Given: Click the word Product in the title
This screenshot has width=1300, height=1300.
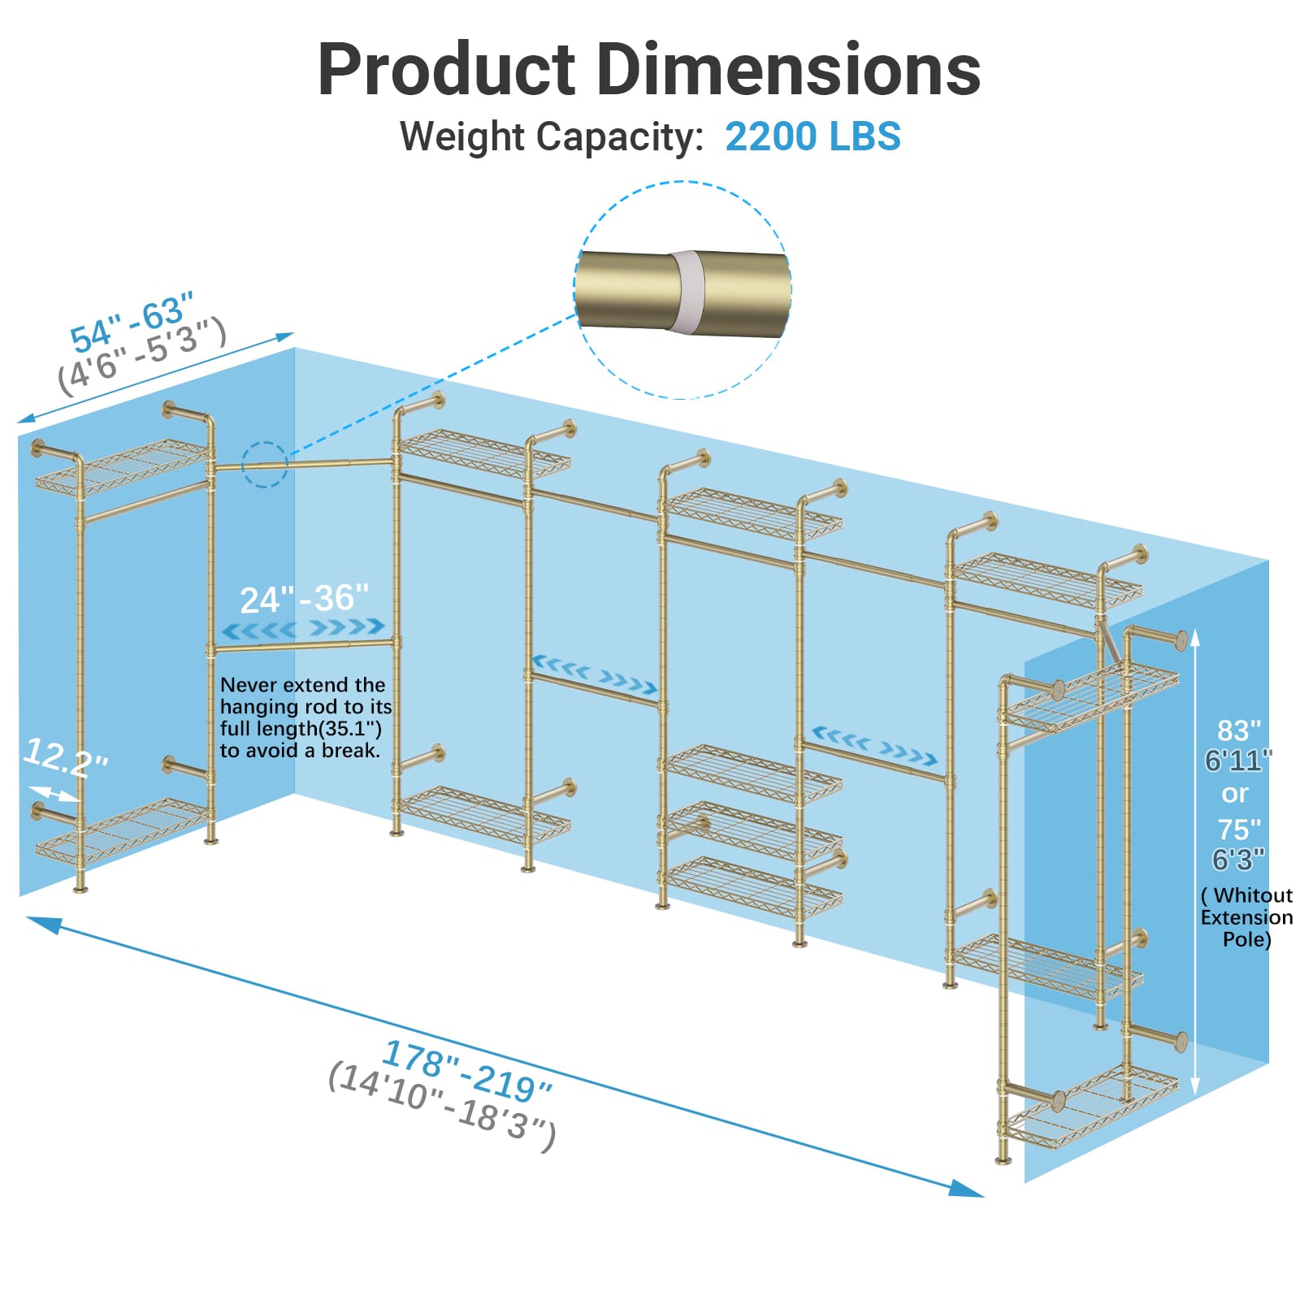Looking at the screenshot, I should point(447,70).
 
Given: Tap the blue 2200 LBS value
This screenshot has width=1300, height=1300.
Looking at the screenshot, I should point(812,136).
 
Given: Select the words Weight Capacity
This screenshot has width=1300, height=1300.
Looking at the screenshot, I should point(551,136).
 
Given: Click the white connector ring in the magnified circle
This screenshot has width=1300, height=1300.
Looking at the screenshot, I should point(684,291).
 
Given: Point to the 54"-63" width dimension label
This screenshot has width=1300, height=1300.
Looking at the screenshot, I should point(132,323).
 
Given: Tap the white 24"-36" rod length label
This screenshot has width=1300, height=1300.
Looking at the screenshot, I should point(304,599).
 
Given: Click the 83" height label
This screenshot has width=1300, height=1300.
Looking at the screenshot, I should point(1238,730).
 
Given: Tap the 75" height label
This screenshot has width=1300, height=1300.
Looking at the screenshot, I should point(1238,830).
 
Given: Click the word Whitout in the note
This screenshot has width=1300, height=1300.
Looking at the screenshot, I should point(1252,895).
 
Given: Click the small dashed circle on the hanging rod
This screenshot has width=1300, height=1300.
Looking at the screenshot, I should point(266,465).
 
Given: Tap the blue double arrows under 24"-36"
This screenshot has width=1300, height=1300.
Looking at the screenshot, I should point(303,628).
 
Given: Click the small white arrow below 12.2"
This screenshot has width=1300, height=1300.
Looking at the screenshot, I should point(54,792).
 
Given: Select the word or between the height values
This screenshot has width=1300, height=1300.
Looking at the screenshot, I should point(1235,793).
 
